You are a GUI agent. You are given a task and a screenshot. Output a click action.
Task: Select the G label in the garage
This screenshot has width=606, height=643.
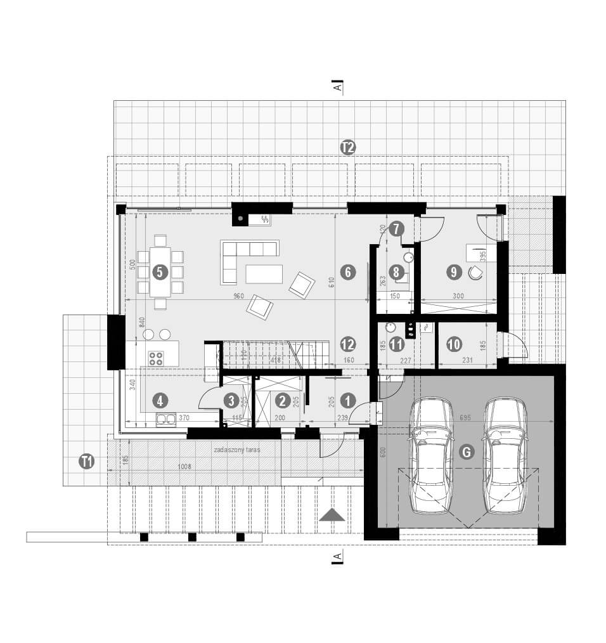466,452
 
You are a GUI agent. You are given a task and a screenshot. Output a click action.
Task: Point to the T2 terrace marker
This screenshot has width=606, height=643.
347,148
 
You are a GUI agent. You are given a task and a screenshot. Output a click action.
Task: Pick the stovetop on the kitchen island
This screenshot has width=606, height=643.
156,358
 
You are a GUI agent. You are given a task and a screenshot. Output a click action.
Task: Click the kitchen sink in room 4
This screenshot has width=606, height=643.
166,418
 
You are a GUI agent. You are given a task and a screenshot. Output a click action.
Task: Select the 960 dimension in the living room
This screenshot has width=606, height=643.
238,296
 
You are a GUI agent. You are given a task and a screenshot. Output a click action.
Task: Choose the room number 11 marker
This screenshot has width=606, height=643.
397,344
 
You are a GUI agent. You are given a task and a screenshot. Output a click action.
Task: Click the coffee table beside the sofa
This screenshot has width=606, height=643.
264,273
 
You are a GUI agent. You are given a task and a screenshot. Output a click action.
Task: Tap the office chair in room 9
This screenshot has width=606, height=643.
475,272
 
